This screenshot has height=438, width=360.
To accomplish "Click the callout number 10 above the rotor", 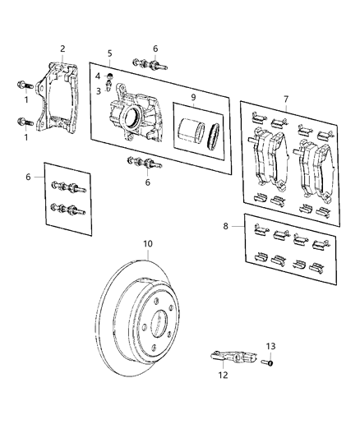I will click(148, 244).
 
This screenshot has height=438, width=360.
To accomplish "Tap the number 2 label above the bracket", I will click(62, 48).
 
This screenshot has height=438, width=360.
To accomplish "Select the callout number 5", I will click(108, 54).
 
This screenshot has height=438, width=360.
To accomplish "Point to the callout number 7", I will click(286, 99).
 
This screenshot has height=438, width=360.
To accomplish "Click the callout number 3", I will click(98, 91).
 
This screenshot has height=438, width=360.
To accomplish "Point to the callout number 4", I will click(98, 76).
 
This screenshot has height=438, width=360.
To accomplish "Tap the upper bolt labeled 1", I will click(23, 85).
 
